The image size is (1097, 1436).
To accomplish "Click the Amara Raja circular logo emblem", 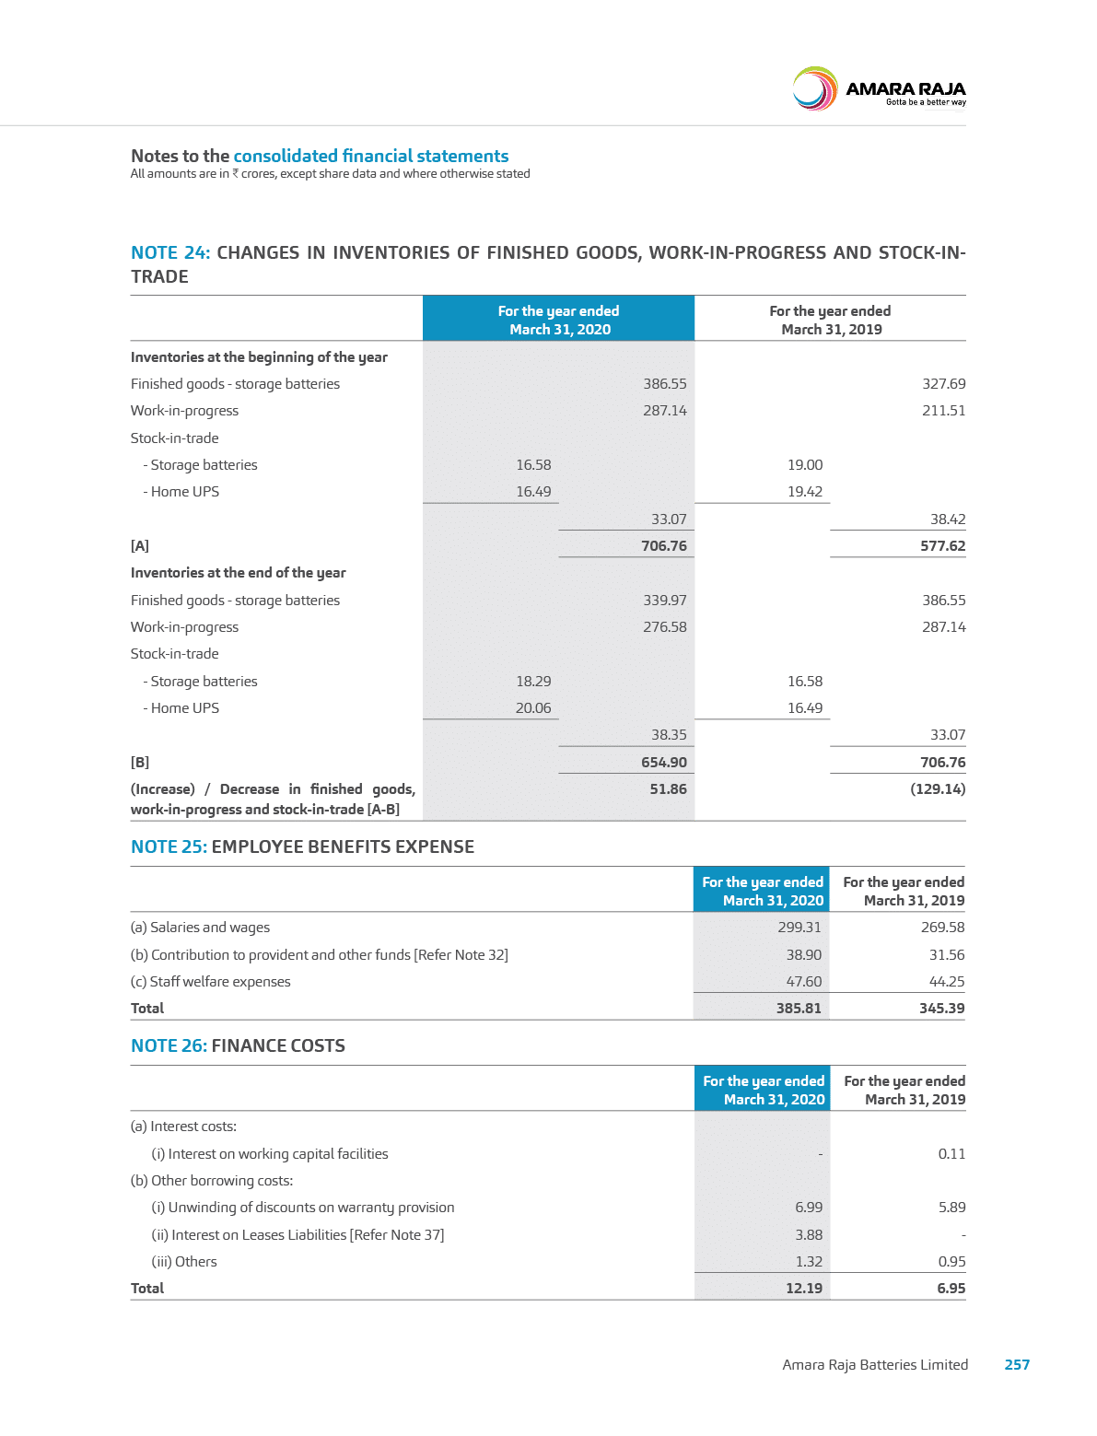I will (814, 89).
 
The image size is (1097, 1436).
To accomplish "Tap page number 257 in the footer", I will (1017, 1364).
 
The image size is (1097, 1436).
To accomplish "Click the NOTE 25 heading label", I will (169, 846).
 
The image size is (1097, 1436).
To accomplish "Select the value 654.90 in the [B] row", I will (664, 762).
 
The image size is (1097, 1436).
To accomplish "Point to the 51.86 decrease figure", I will (668, 788).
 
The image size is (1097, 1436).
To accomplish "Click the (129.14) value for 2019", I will (938, 788).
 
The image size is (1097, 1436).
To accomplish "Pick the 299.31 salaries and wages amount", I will (799, 928).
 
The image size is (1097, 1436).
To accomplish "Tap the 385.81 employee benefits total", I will (799, 1008).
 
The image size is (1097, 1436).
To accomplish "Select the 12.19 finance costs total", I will (804, 1288).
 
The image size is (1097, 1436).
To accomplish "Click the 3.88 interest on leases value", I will (809, 1234).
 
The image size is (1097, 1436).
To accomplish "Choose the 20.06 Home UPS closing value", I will (533, 707).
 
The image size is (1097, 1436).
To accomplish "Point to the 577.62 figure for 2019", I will (943, 545).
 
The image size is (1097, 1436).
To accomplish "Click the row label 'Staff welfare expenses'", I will (211, 981).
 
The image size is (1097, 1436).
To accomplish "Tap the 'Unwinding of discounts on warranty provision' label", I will (303, 1207).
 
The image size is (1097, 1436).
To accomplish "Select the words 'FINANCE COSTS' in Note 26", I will (278, 1045).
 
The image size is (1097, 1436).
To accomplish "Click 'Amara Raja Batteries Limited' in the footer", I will (875, 1364).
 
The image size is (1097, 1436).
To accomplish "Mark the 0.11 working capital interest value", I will (951, 1153).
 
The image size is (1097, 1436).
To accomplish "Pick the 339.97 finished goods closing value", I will (664, 600).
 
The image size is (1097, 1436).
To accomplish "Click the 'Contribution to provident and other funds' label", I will (320, 954).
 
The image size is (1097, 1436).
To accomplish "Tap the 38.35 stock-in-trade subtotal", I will (669, 734).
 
